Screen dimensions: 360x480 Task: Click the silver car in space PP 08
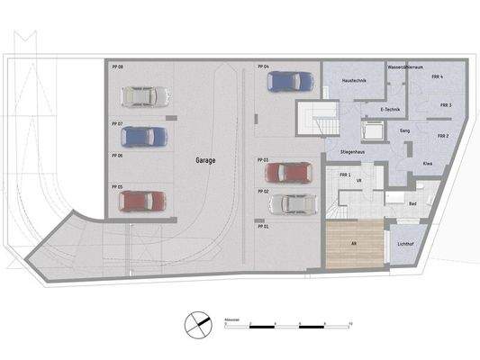tap(144, 94)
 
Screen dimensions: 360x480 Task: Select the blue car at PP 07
tap(144, 137)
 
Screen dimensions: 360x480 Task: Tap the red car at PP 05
tap(144, 201)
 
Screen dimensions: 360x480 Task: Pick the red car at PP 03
tap(287, 171)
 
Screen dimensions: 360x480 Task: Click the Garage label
tap(206, 159)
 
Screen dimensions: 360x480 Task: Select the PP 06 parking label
tap(117, 156)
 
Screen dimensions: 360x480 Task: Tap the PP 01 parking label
tap(264, 227)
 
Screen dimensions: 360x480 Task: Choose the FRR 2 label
tap(442, 136)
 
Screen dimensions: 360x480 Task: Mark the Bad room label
tap(412, 204)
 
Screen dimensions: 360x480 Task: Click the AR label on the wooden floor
tap(354, 243)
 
